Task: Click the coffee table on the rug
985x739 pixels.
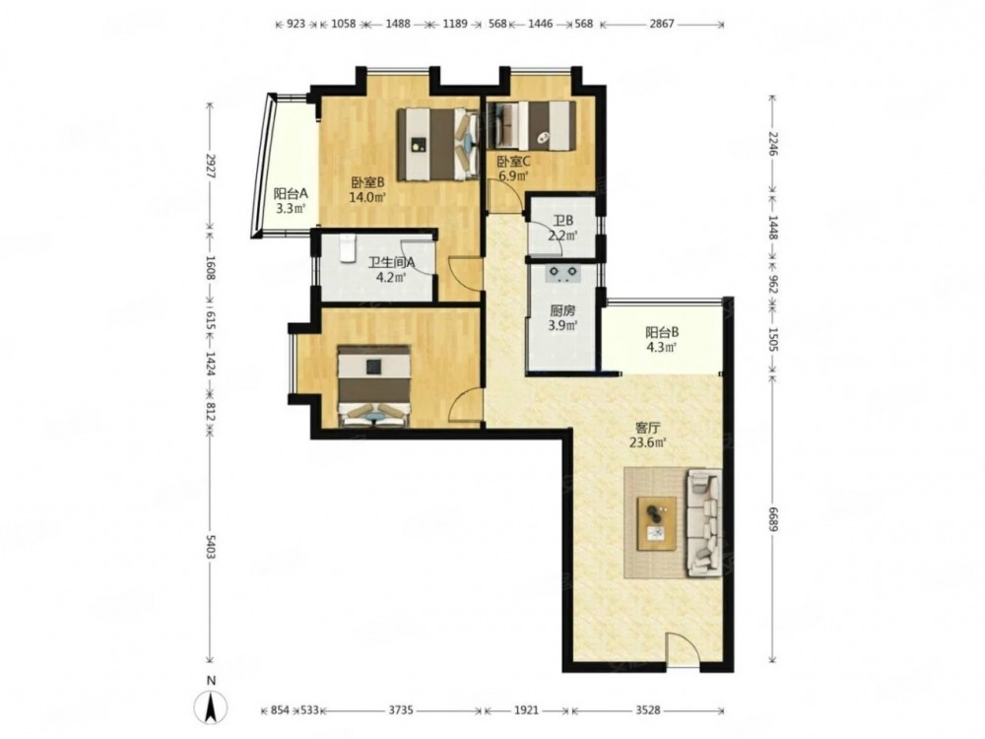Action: pyautogui.click(x=656, y=523)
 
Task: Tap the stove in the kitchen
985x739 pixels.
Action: pyautogui.click(x=562, y=274)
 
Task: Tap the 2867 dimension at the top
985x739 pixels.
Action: pyautogui.click(x=662, y=24)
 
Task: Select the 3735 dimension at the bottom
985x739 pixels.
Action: pyautogui.click(x=401, y=710)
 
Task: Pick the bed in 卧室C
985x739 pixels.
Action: pyautogui.click(x=533, y=126)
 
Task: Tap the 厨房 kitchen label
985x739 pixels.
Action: pyautogui.click(x=562, y=311)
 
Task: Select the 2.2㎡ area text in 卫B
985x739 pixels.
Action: pyautogui.click(x=562, y=236)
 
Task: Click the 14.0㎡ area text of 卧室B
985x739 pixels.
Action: pyautogui.click(x=366, y=197)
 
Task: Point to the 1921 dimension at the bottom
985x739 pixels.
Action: pyautogui.click(x=526, y=710)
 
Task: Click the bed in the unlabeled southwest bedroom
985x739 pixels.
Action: pyautogui.click(x=374, y=386)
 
